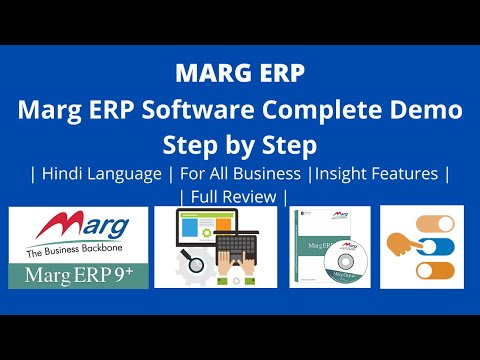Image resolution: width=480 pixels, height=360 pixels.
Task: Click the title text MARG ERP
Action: [x=239, y=75]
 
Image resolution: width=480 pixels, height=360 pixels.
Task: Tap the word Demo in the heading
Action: [x=424, y=110]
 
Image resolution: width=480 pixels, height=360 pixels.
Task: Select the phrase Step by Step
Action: [x=239, y=143]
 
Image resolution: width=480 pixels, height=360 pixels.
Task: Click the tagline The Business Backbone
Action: [x=77, y=252]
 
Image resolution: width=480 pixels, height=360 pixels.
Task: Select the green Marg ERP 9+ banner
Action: [x=77, y=274]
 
